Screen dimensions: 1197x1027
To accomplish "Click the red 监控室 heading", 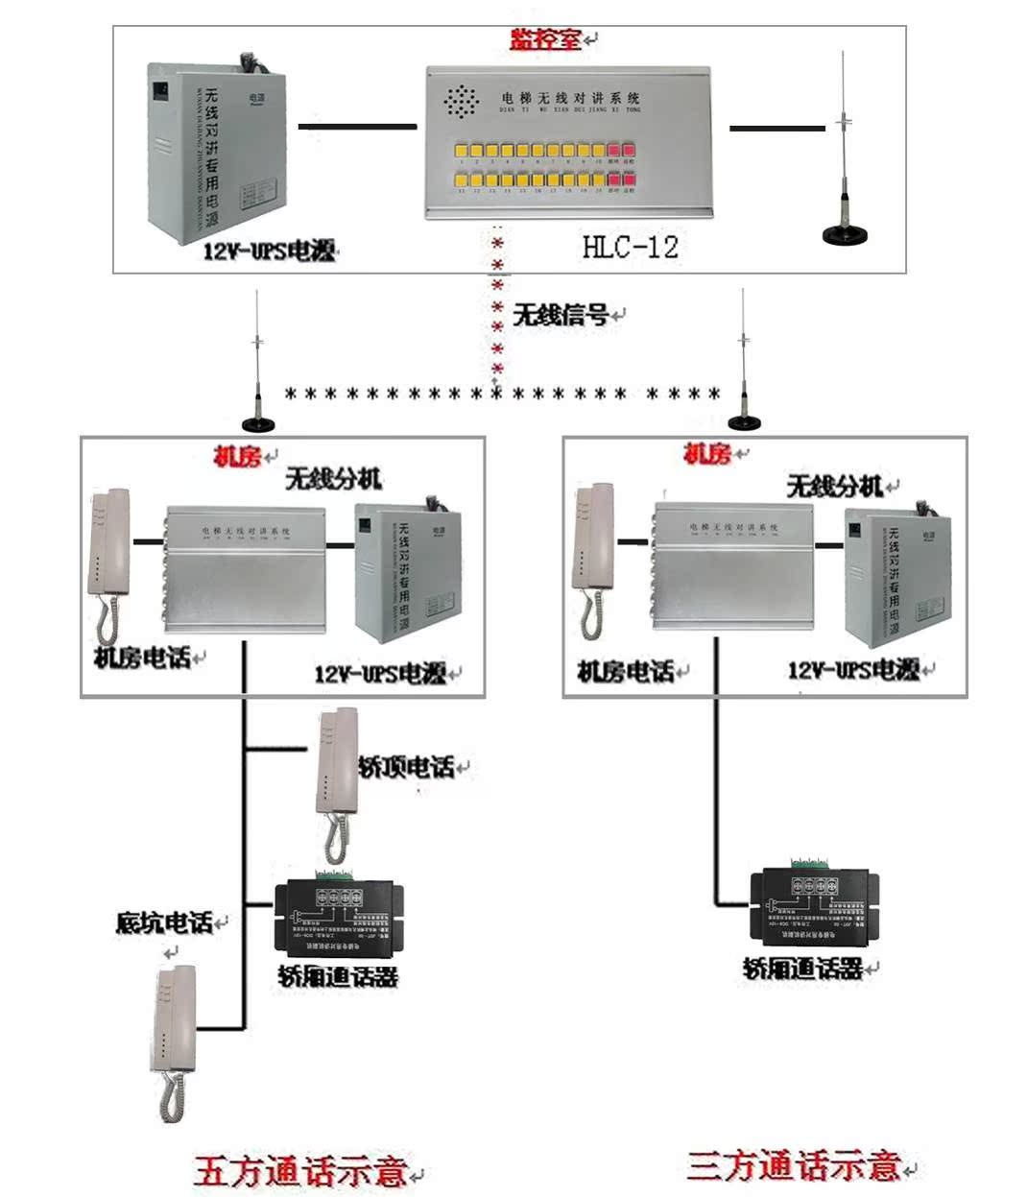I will (545, 39).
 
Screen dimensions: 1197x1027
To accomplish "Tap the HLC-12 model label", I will (630, 247).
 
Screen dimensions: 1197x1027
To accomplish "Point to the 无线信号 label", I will (561, 315).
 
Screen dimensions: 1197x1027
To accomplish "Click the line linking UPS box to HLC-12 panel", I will (357, 126).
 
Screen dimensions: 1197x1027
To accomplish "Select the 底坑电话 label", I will (164, 922).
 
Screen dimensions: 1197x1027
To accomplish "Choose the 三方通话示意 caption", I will (794, 1166).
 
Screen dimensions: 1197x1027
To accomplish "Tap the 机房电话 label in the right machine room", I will (626, 671).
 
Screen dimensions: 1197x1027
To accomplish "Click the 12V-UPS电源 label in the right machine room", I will (853, 670).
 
